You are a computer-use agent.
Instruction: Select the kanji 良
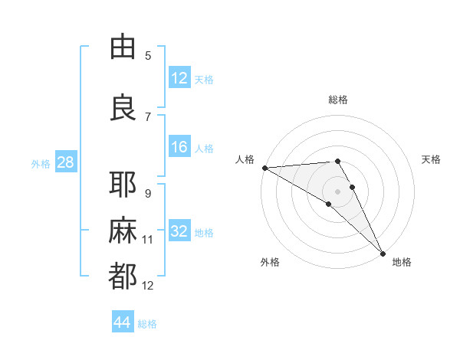pyautogui.click(x=123, y=107)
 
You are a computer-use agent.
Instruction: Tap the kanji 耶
pyautogui.click(x=123, y=185)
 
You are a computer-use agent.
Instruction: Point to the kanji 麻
pyautogui.click(x=123, y=231)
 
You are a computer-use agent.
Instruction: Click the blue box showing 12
pyautogui.click(x=179, y=78)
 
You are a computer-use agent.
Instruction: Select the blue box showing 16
pyautogui.click(x=179, y=148)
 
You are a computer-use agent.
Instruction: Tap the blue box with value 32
pyautogui.click(x=179, y=231)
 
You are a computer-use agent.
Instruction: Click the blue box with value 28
pyautogui.click(x=65, y=163)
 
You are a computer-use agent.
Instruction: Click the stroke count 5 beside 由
pyautogui.click(x=148, y=56)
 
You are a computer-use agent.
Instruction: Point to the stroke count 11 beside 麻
pyautogui.click(x=148, y=240)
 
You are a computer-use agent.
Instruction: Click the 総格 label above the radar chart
pyautogui.click(x=337, y=100)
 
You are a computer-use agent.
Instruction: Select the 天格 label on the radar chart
pyautogui.click(x=431, y=159)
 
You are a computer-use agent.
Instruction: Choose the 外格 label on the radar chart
pyautogui.click(x=269, y=262)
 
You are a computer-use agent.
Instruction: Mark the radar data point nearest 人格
pyautogui.click(x=264, y=168)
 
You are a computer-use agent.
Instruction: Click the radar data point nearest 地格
pyautogui.click(x=383, y=253)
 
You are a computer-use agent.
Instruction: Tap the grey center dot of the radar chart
pyautogui.click(x=337, y=191)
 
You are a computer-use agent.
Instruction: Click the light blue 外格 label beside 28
pyautogui.click(x=41, y=164)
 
